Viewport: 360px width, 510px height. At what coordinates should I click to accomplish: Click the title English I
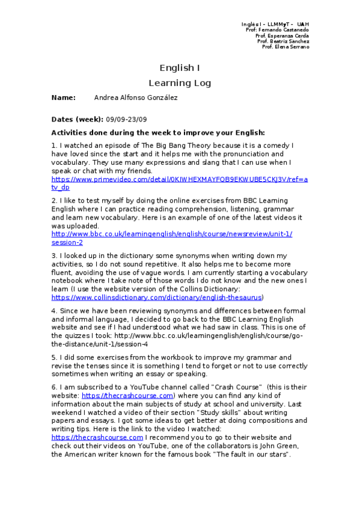[180, 68]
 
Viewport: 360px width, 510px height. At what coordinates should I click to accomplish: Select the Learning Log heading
[180, 83]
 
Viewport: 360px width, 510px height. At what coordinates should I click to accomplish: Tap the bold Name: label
[64, 97]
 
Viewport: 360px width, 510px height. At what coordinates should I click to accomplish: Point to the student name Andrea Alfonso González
[136, 97]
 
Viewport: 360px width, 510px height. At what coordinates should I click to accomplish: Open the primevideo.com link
[179, 179]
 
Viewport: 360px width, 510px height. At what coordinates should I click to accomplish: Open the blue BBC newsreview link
[172, 234]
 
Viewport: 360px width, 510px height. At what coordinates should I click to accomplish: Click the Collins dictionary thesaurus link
[157, 297]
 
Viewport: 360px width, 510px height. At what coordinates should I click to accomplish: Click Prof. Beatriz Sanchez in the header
[282, 41]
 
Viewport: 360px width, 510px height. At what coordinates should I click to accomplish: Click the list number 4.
[53, 312]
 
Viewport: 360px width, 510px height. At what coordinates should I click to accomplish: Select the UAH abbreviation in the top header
[302, 24]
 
